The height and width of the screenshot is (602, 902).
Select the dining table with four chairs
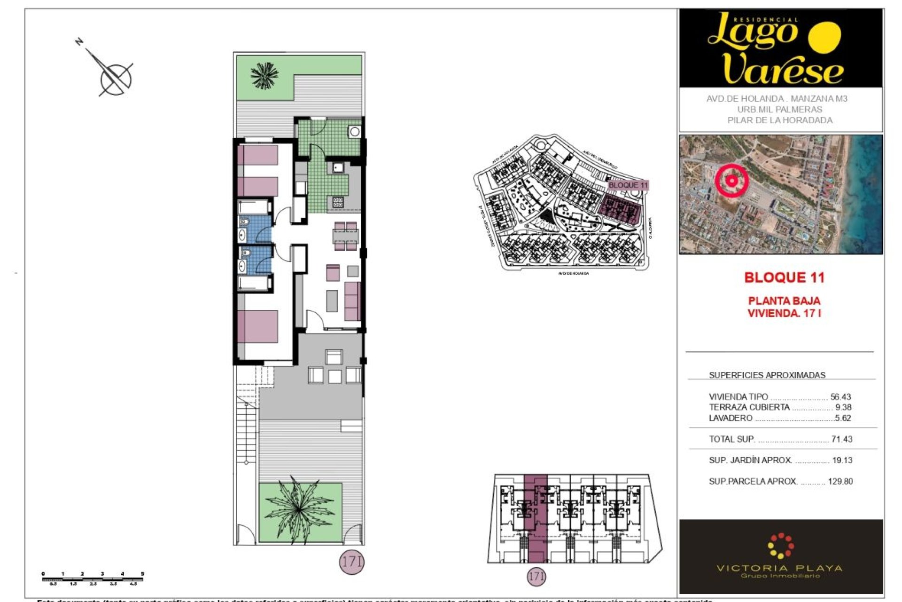[x=346, y=236]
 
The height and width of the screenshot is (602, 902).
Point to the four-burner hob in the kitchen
[x=338, y=202]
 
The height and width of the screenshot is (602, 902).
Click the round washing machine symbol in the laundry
[x=355, y=132]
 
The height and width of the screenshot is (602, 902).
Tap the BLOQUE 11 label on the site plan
[x=628, y=185]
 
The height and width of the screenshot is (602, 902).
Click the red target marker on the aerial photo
[x=731, y=181]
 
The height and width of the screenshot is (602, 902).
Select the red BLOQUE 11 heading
[x=784, y=277]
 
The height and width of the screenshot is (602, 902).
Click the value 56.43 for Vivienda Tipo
[x=840, y=397]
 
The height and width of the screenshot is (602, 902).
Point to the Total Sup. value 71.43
[x=841, y=439]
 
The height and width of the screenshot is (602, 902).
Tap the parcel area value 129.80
[x=840, y=482]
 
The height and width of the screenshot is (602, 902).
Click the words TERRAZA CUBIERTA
[x=749, y=407]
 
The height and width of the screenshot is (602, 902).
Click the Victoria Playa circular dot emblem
[x=780, y=546]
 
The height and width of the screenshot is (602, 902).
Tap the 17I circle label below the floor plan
[x=351, y=562]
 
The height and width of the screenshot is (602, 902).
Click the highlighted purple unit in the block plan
[x=536, y=517]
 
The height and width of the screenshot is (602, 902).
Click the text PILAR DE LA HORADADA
[x=780, y=120]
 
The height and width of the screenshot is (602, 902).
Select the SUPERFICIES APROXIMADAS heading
[x=767, y=375]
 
